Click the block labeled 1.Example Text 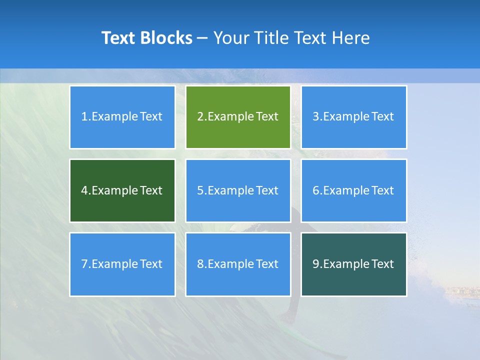coord(122,117)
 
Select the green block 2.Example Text coord(238,117)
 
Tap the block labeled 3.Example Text coord(353,117)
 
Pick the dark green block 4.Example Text coord(122,190)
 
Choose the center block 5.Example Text coord(238,190)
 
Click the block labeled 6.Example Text coord(353,190)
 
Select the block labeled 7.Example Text coord(122,264)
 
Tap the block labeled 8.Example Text coord(238,264)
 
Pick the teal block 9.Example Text coord(353,264)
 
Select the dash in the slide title coord(202,38)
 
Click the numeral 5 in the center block coord(200,190)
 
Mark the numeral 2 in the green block coord(200,117)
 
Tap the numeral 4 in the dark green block coord(84,190)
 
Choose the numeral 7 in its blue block coord(84,264)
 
